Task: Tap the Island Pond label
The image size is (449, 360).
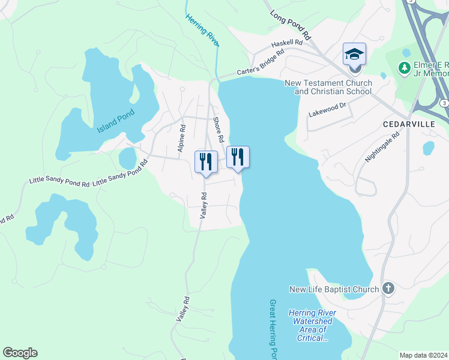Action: tap(116, 121)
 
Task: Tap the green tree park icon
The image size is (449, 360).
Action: tap(405, 66)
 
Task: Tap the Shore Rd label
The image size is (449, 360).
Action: tap(218, 130)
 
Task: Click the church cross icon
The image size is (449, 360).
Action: tap(388, 289)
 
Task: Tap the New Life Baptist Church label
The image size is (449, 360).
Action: tap(334, 289)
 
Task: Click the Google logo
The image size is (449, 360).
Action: tap(20, 353)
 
